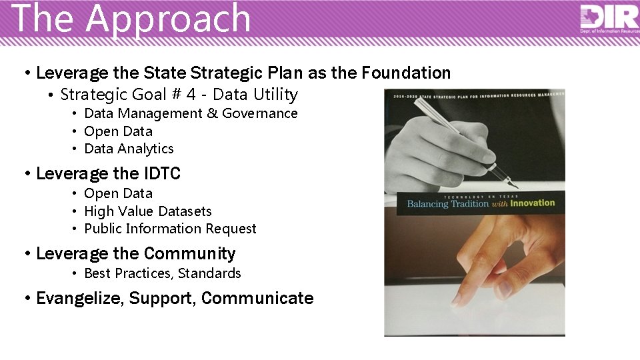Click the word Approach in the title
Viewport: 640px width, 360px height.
coord(167,19)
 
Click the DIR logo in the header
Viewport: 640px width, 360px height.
coord(609,17)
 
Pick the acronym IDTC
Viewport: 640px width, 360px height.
coord(162,174)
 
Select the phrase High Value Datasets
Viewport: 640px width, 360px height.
coord(147,211)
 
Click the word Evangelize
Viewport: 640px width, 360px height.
coord(80,298)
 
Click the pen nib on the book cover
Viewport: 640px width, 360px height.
coord(510,183)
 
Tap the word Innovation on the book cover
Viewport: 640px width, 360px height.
coord(532,203)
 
